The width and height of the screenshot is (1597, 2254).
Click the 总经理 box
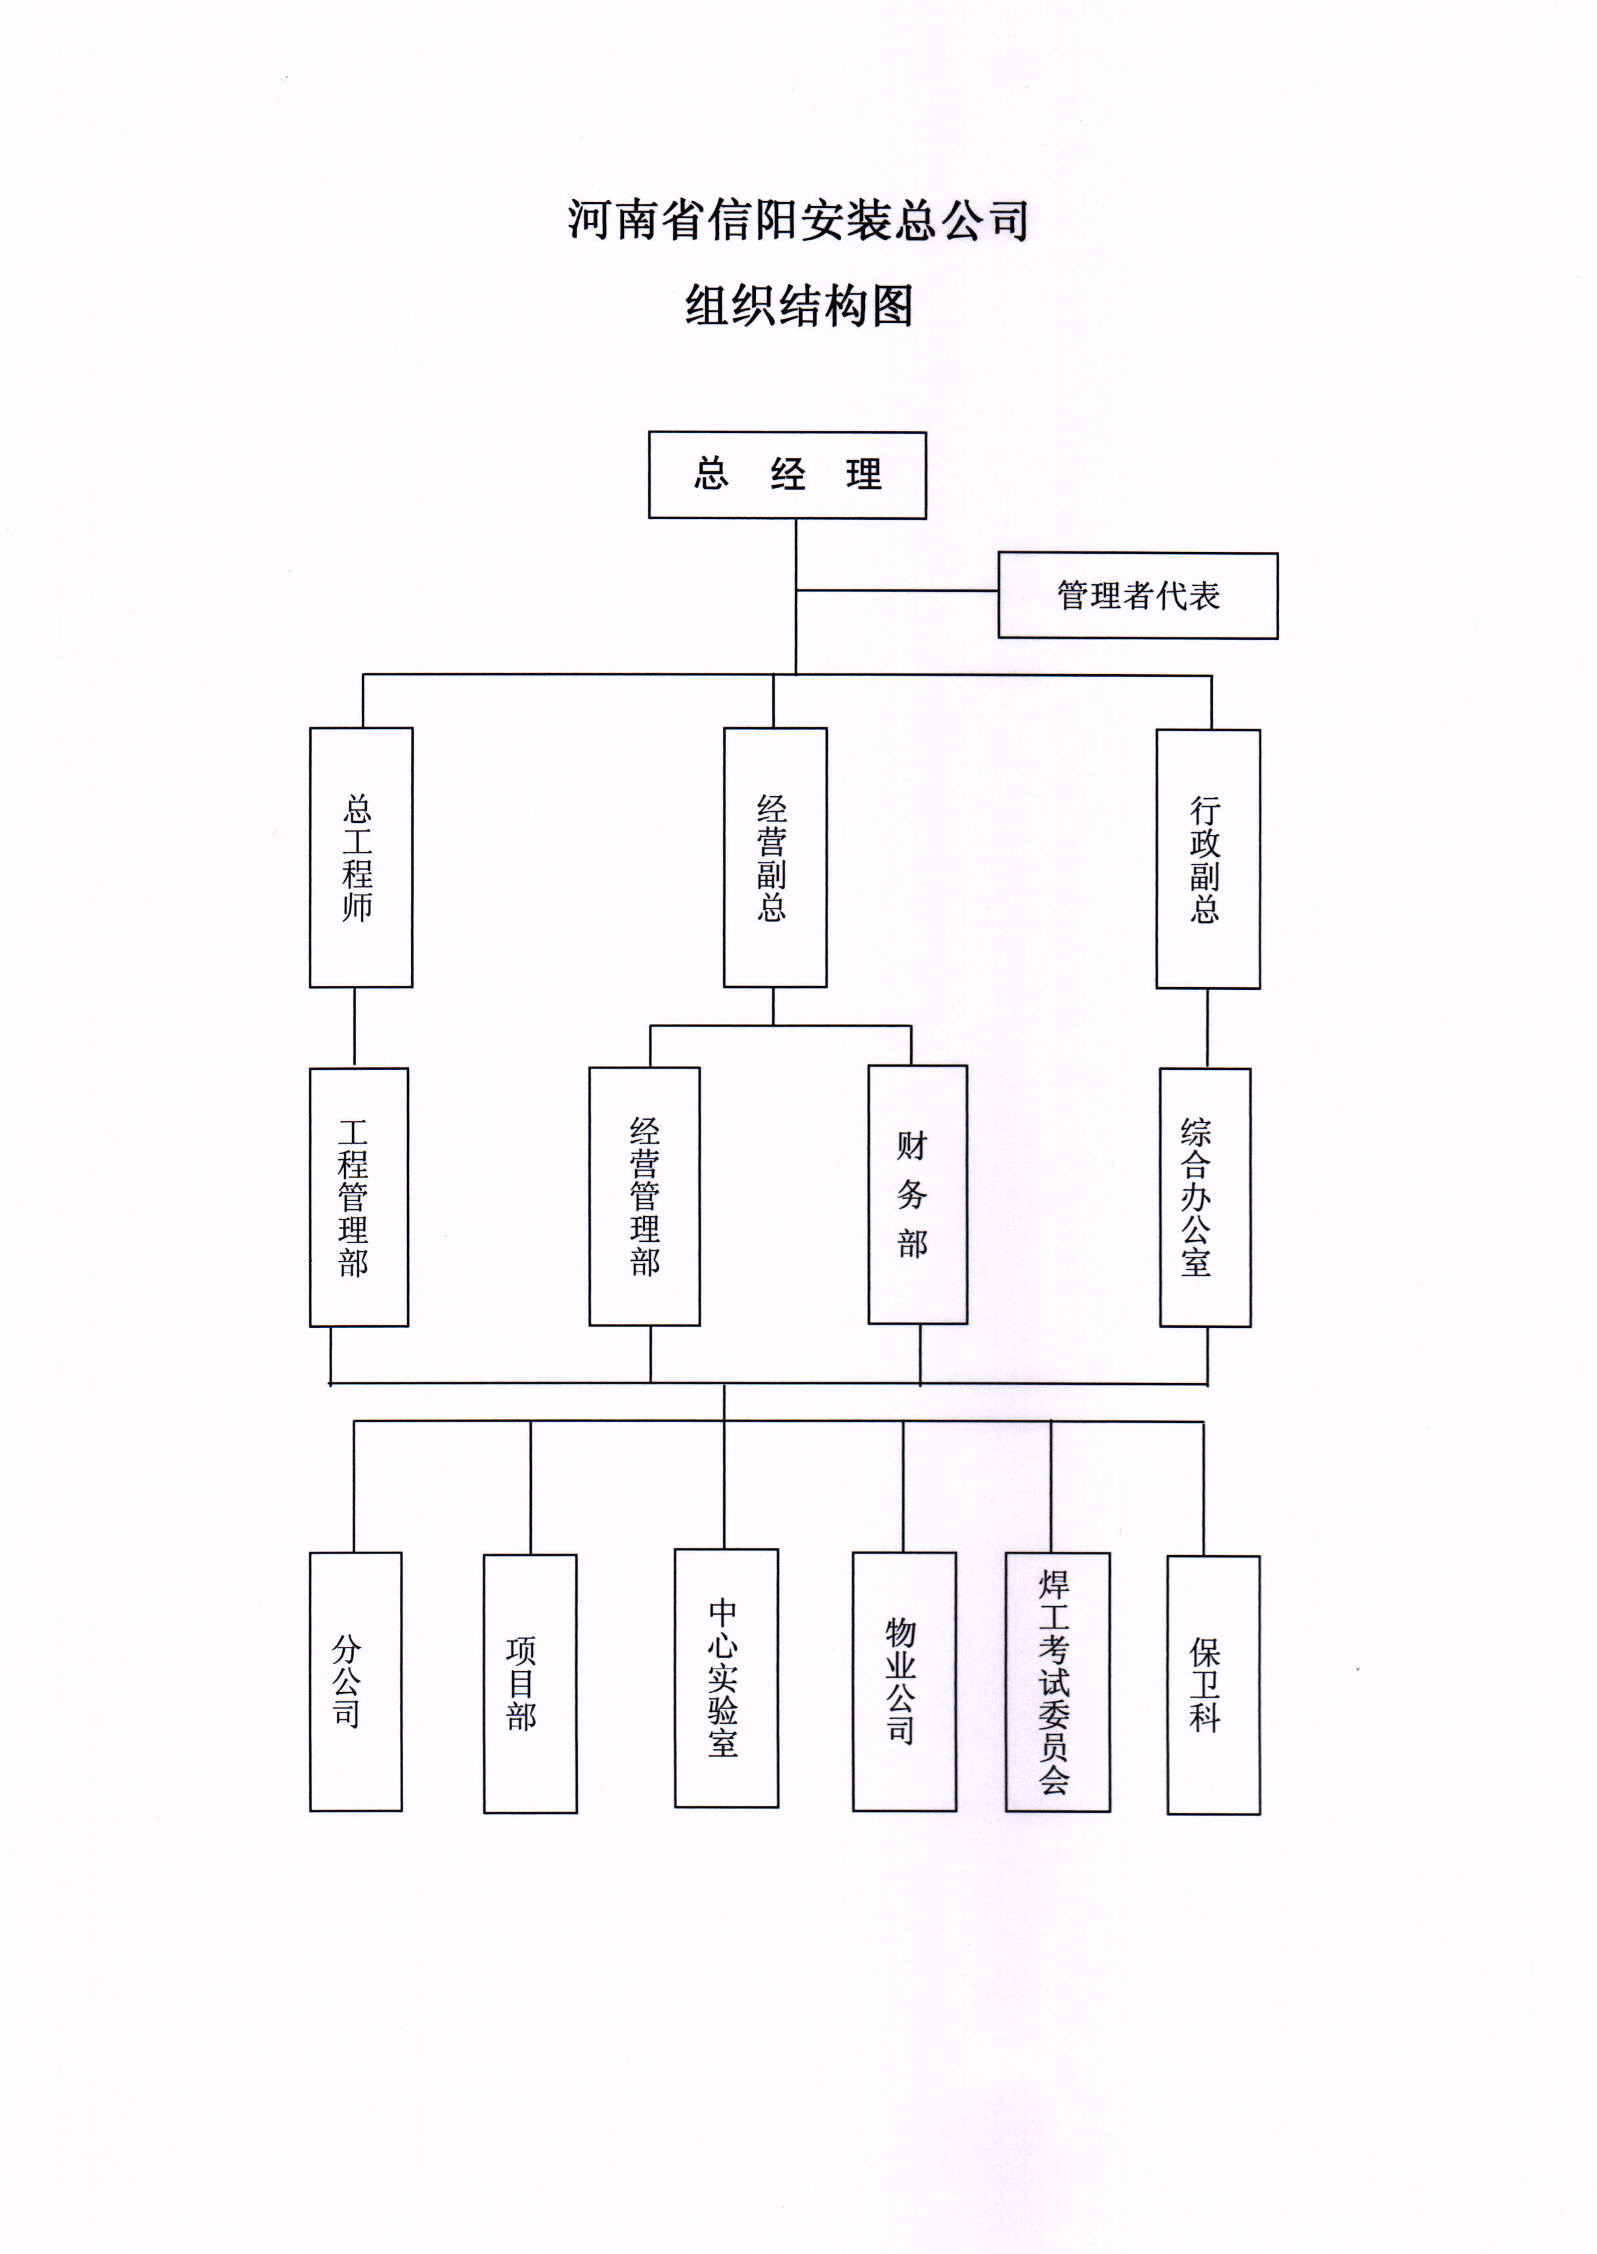point(787,475)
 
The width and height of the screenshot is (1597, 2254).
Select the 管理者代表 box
point(1138,596)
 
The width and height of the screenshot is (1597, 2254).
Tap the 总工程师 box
point(361,857)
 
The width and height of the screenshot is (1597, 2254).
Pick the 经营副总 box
point(775,857)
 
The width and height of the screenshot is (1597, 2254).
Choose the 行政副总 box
point(1208,858)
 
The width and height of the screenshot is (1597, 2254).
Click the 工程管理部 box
point(359,1197)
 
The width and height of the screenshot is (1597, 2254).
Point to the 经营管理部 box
point(644,1197)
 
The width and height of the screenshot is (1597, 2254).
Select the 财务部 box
point(917,1195)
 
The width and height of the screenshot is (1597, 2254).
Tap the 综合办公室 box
point(1204,1197)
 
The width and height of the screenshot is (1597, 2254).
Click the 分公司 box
point(356,1682)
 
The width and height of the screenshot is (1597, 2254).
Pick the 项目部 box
point(530,1684)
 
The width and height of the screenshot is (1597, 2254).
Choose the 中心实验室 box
point(726,1679)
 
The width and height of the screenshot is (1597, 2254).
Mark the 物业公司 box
point(904,1682)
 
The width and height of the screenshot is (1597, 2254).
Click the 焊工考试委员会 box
point(1057,1682)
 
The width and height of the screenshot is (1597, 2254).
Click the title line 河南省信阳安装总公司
point(798,220)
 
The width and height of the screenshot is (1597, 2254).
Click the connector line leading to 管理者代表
point(897,591)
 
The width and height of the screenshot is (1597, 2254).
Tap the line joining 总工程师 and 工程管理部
point(355,1027)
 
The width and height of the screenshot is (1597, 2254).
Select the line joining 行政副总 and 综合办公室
point(1208,1028)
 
